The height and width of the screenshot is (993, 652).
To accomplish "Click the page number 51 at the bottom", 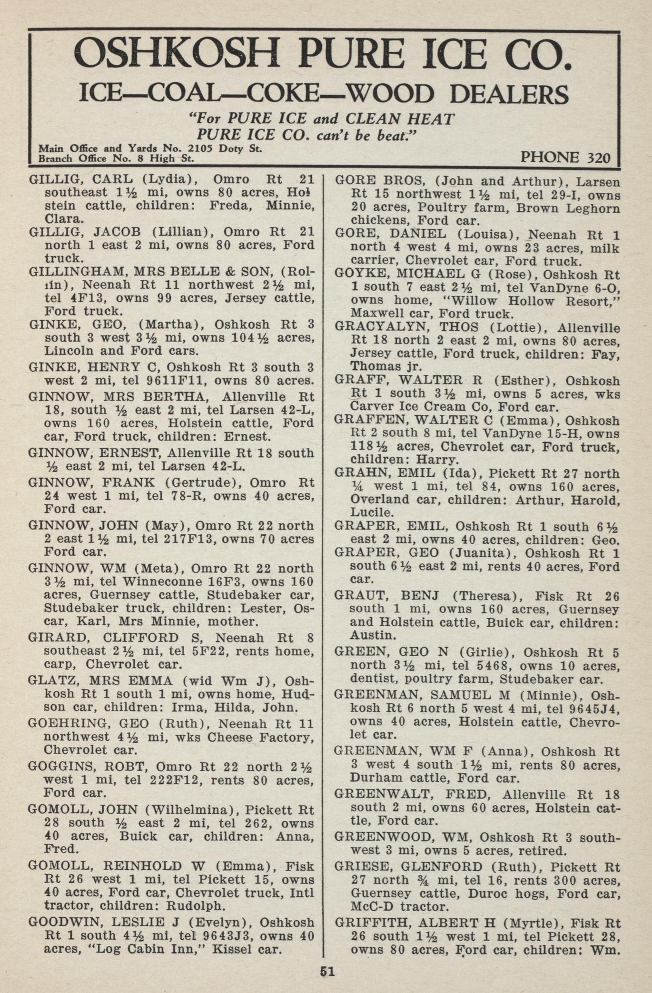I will [x=327, y=971].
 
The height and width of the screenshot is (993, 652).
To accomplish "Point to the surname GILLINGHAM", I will [x=77, y=272].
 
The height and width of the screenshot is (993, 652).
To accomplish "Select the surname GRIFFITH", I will [x=372, y=923].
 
